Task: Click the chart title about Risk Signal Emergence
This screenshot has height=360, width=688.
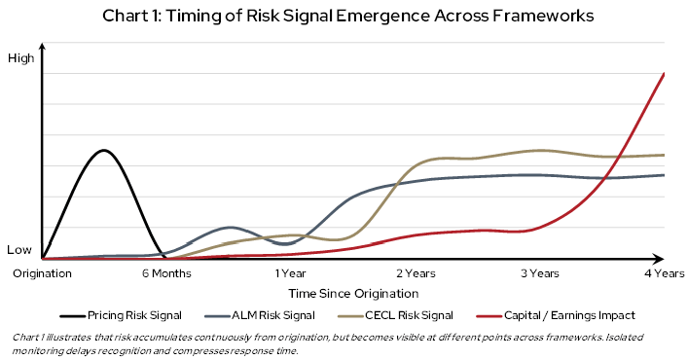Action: coord(344,17)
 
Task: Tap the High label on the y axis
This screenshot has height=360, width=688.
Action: coord(20,58)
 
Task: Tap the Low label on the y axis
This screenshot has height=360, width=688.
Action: coord(20,250)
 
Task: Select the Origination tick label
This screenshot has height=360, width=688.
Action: coord(42,274)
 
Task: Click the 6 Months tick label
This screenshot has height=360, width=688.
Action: coord(166,274)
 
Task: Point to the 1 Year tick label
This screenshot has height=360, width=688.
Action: coord(290,274)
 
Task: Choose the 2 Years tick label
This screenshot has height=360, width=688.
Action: coord(415,274)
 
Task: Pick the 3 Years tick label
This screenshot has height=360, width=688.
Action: coord(539,274)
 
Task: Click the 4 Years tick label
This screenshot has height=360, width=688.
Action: coord(664,274)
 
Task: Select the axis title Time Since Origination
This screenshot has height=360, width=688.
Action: coord(352,293)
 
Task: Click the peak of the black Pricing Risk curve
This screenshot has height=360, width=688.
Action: coord(103,150)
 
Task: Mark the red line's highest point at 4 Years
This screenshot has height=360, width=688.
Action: coord(664,73)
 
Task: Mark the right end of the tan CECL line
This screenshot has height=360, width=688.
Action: coord(664,155)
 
